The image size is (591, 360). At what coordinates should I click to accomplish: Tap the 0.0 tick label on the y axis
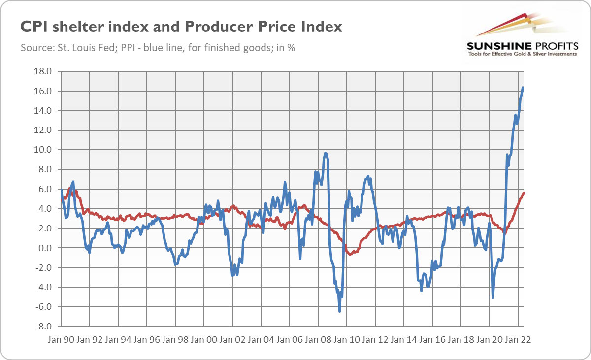[x=45, y=248]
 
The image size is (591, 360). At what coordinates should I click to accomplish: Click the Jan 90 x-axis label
[x=62, y=340]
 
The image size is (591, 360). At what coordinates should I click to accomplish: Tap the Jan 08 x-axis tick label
[x=318, y=340]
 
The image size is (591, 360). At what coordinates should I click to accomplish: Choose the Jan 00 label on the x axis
[x=204, y=340]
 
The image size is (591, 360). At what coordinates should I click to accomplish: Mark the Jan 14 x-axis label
[x=403, y=340]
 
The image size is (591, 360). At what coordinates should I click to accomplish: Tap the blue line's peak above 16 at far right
[x=523, y=88]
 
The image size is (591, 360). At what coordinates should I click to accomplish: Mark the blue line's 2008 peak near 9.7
[x=326, y=153]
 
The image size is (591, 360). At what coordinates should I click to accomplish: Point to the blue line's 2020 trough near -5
[x=492, y=298]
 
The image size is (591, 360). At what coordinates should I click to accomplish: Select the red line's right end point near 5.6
[x=524, y=193]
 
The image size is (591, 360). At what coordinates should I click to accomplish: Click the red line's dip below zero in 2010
[x=350, y=254]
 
